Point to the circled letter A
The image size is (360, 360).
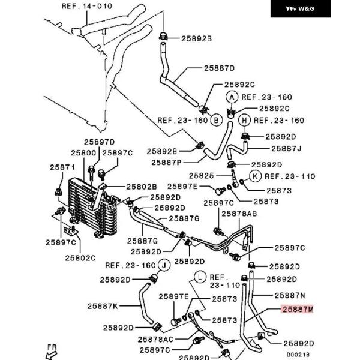[231, 97]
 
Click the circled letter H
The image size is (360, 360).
[245, 120]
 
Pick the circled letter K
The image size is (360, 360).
[254, 176]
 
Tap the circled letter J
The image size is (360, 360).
[163, 265]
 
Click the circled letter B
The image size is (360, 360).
[216, 120]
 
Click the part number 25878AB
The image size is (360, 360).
[239, 214]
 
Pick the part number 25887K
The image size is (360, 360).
[103, 306]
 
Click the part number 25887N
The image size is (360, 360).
[290, 295]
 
